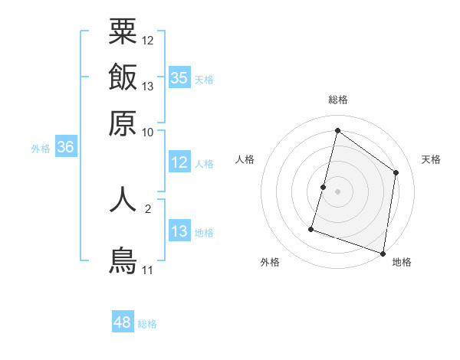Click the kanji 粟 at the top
point(123,31)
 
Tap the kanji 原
point(123,123)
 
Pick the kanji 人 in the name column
point(123,198)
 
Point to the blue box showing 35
point(179,77)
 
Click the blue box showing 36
point(65,148)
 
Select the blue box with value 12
point(179,162)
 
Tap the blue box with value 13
point(179,231)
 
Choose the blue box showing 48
point(123,322)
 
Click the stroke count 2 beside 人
point(148,206)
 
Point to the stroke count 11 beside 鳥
point(147,270)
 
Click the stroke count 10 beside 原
point(148,132)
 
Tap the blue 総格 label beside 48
point(147,324)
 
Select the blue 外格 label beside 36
point(41,149)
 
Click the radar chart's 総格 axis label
point(337,100)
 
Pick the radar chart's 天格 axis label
point(431,159)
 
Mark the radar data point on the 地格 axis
point(383,253)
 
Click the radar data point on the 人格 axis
point(324,187)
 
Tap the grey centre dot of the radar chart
point(337,191)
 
